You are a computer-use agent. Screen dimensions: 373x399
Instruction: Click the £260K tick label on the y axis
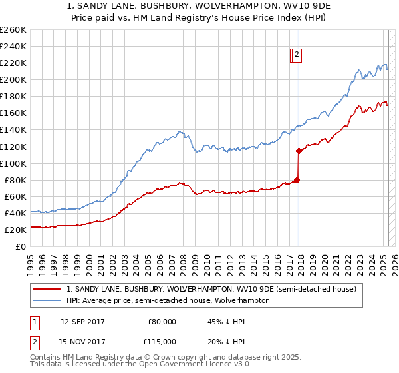coord(13,30)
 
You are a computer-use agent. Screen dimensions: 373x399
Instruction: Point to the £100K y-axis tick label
coord(13,163)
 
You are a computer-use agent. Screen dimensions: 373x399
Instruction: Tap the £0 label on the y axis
coord(20,246)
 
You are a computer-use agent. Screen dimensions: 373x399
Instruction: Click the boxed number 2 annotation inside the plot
coord(297,55)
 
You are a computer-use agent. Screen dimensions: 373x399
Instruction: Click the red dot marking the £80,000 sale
coord(297,179)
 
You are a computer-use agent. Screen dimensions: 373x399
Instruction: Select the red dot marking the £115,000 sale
coord(299,151)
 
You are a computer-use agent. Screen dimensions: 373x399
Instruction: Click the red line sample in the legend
coord(47,290)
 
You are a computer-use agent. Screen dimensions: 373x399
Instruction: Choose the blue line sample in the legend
coord(47,300)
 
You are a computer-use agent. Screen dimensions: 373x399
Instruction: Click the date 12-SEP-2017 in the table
coord(82,322)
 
